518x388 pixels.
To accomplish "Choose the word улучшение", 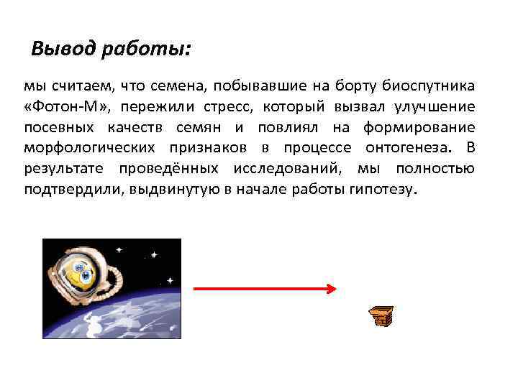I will click(x=434, y=107).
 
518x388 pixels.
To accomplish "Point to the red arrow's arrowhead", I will click(x=330, y=289).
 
